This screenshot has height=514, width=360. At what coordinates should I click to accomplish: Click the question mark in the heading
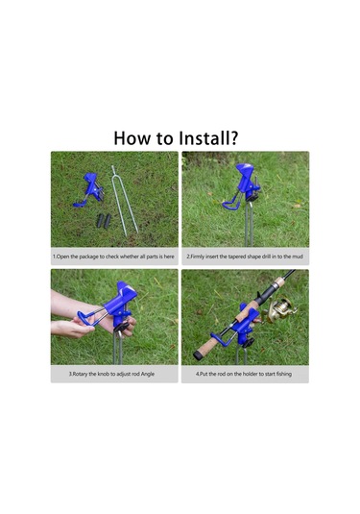tap(233, 138)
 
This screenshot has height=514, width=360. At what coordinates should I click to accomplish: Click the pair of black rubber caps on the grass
tap(104, 221)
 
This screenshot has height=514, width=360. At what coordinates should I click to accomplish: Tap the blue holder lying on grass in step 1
tap(89, 190)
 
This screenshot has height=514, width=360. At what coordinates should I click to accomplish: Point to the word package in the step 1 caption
tap(88, 257)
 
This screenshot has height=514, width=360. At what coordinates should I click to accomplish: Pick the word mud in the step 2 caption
tap(298, 257)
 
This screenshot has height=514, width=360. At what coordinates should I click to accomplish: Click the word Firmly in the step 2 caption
tap(197, 257)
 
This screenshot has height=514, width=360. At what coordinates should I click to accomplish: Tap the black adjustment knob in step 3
tap(121, 327)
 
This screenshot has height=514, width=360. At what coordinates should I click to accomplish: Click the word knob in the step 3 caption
tap(105, 374)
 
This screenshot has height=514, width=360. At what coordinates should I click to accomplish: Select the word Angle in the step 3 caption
tap(148, 374)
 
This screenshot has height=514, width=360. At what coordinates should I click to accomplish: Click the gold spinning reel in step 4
tap(281, 308)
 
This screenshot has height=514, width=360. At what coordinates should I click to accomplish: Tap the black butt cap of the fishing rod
tap(198, 355)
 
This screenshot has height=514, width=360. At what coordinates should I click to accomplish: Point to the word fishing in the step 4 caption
tap(283, 374)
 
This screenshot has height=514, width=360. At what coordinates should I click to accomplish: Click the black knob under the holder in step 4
tap(248, 343)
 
